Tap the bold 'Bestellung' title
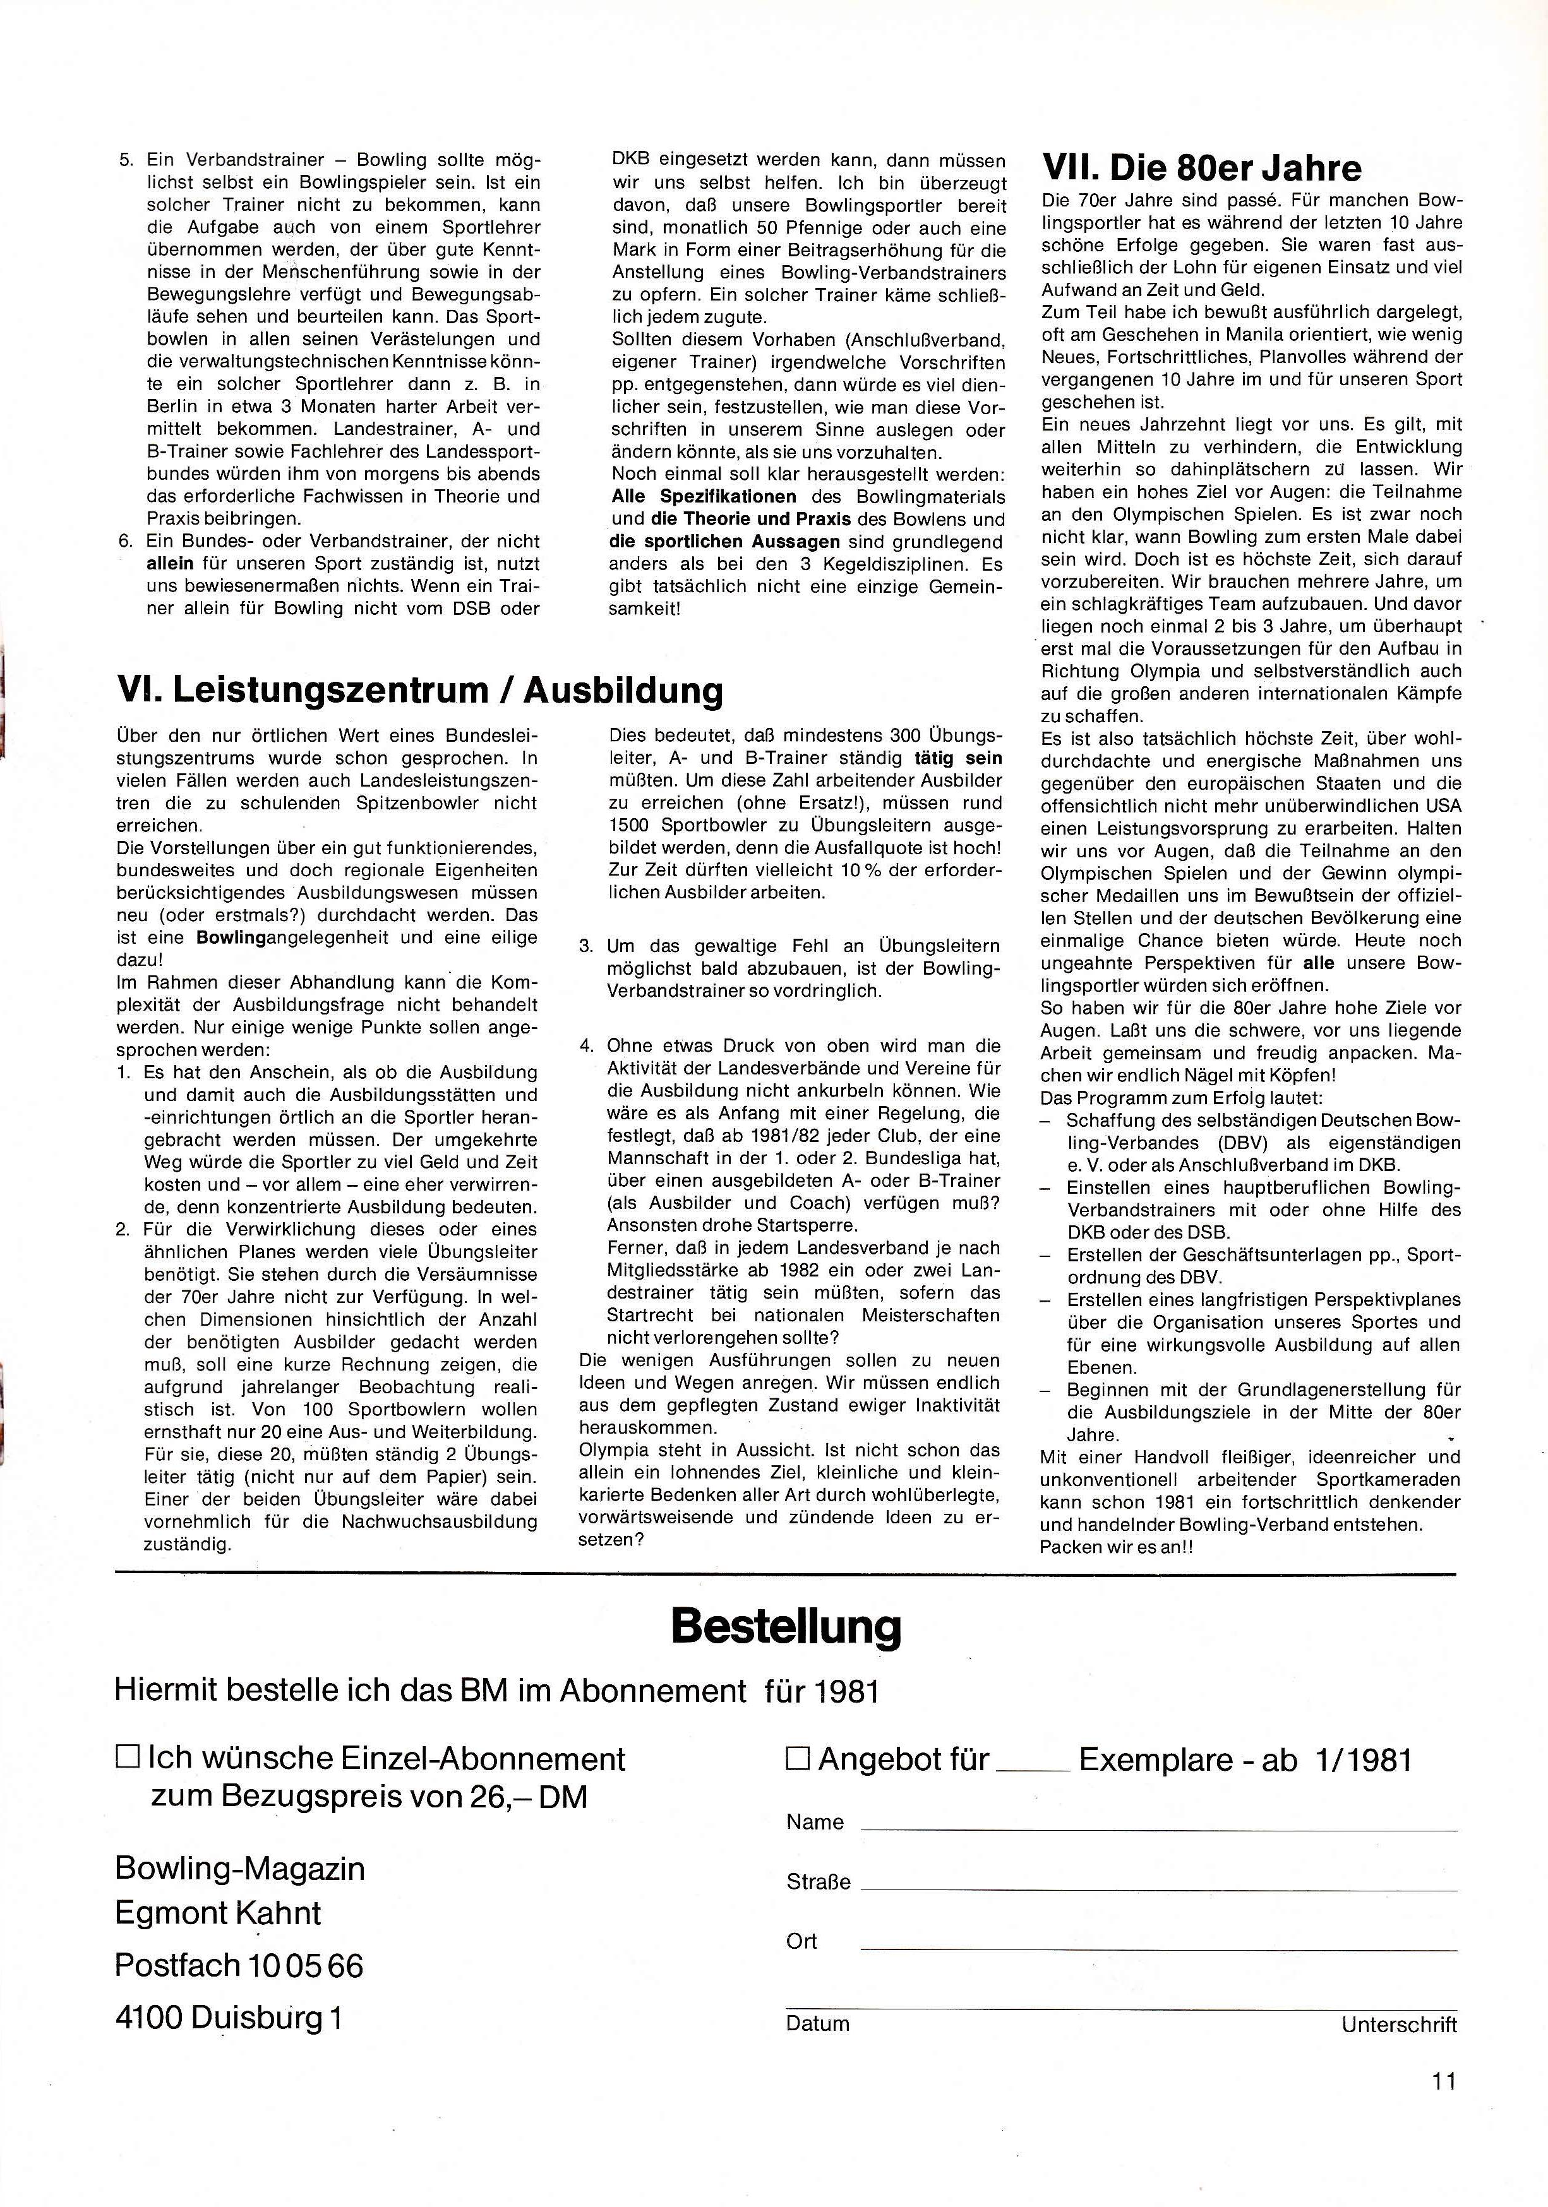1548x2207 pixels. click(786, 1626)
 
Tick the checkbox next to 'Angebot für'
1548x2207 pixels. click(798, 1758)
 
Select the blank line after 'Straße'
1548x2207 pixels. click(1158, 1889)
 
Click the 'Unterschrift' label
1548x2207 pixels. click(1399, 2025)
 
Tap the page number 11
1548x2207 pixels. click(1443, 2081)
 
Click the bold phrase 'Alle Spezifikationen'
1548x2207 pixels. click(704, 497)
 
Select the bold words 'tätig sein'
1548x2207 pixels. click(957, 758)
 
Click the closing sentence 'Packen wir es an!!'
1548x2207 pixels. click(1116, 1547)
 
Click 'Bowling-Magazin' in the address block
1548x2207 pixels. click(239, 1868)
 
